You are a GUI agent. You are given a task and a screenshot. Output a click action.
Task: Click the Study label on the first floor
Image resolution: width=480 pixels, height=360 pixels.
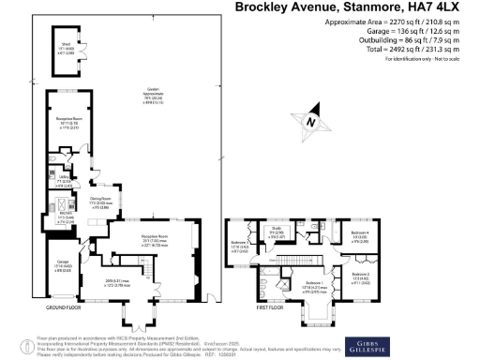[277, 232]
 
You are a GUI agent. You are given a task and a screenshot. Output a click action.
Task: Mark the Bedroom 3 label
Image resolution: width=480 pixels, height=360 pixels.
[239, 247]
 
